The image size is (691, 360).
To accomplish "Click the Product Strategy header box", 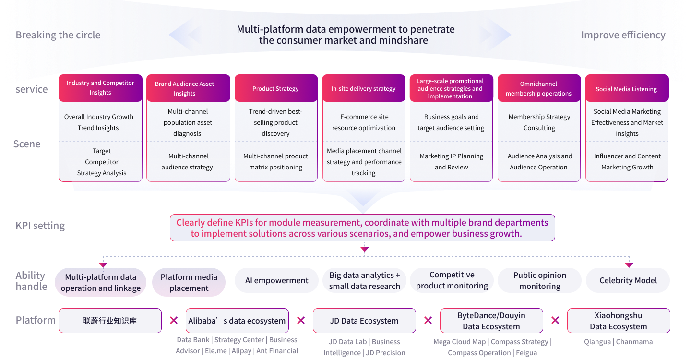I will click(276, 88).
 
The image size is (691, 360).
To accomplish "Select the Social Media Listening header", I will click(627, 88).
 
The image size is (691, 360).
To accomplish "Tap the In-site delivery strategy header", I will click(363, 88).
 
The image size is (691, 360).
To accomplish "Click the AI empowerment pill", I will click(276, 280).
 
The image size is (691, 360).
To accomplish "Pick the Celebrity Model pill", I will click(628, 280).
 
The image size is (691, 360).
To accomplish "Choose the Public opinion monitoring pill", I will click(539, 280).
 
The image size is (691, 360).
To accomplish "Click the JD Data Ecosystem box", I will click(364, 321).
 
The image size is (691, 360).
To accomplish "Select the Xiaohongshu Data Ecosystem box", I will click(618, 321).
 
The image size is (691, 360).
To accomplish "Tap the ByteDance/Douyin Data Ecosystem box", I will click(491, 321).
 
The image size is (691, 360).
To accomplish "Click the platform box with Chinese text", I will click(110, 321).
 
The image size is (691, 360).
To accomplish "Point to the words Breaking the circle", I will click(58, 35).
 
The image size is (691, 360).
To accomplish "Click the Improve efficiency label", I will click(623, 35).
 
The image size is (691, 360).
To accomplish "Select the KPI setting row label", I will click(40, 226).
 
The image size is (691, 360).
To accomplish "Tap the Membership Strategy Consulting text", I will click(539, 122).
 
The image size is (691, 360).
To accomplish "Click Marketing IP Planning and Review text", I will click(451, 162).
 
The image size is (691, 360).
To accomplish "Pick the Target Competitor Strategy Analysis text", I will click(101, 162).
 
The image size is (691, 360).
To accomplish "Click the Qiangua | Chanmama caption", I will click(618, 342).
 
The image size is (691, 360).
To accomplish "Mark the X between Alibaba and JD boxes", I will click(301, 320).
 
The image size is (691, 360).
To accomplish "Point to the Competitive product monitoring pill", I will click(452, 280).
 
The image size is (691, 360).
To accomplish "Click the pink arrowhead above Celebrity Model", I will click(629, 265).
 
